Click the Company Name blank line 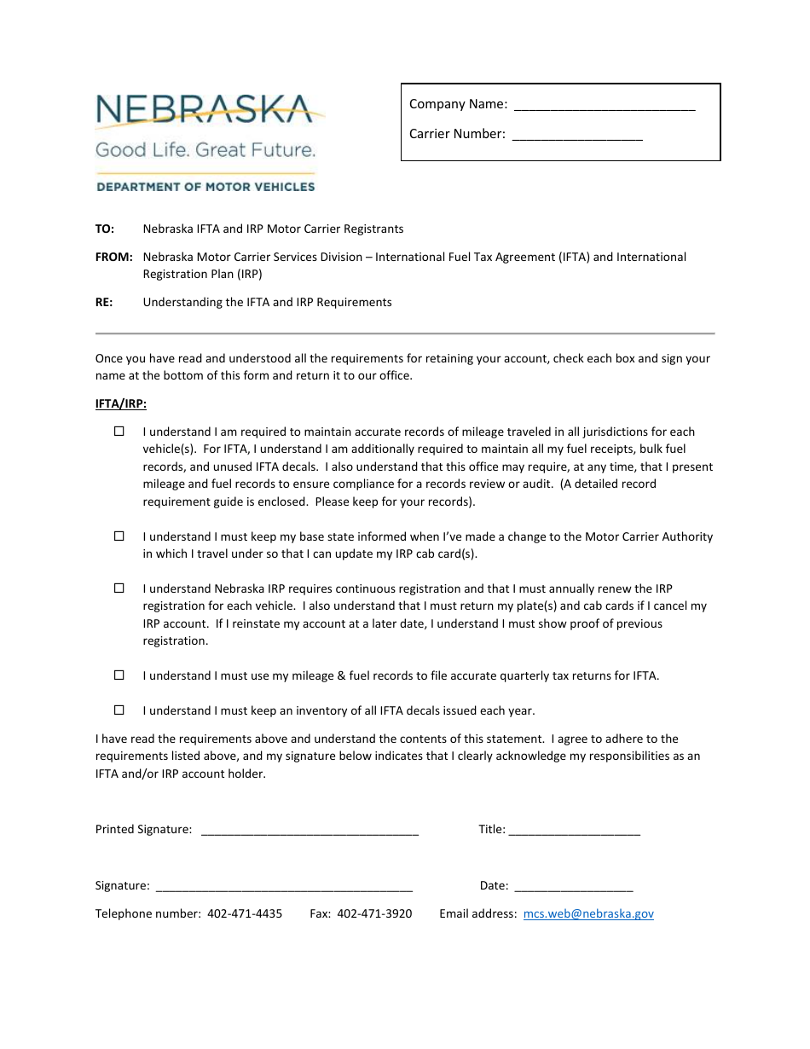[605, 107]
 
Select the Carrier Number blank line [576, 136]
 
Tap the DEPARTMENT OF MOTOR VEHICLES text [205, 187]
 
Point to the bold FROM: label [113, 257]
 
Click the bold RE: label [104, 302]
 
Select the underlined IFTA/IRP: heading [120, 404]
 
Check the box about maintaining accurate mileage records [119, 432]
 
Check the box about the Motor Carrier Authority [119, 536]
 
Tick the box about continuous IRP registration [119, 588]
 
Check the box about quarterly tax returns [119, 675]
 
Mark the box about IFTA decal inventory [119, 710]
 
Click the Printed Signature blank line [310, 832]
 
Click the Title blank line [574, 832]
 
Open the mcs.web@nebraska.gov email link [588, 913]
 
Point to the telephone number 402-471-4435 [245, 913]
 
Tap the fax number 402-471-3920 [374, 913]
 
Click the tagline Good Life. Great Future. [205, 150]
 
